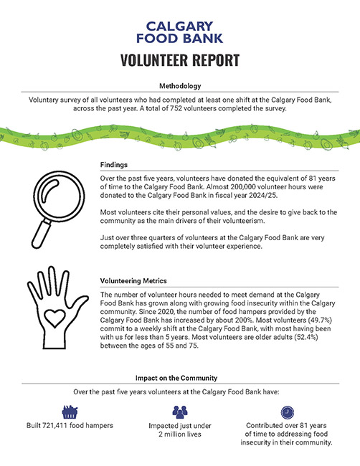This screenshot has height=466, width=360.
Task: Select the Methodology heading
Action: [x=180, y=86]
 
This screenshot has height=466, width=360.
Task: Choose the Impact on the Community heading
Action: [x=180, y=377]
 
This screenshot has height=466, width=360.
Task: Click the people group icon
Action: [x=179, y=412]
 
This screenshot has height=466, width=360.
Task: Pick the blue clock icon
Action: [x=288, y=412]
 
